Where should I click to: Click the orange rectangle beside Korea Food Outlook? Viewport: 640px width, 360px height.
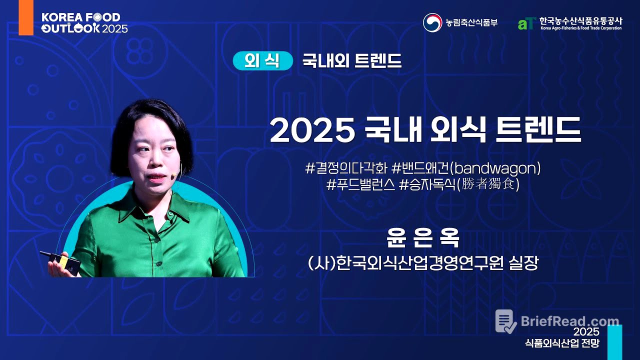point(26,18)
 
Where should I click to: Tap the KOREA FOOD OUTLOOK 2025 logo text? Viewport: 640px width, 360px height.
point(84,22)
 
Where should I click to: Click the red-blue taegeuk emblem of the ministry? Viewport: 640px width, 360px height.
point(432,22)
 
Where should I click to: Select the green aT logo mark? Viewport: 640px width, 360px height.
point(526,23)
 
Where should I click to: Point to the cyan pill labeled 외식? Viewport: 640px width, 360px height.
point(262,60)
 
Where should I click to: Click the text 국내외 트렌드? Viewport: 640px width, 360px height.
point(351,60)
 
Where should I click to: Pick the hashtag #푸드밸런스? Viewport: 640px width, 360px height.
point(360,184)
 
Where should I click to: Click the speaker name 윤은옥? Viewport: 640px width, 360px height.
point(423,238)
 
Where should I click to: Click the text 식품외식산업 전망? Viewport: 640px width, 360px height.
point(561,343)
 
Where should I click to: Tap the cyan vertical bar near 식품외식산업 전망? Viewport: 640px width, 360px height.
point(614,342)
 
